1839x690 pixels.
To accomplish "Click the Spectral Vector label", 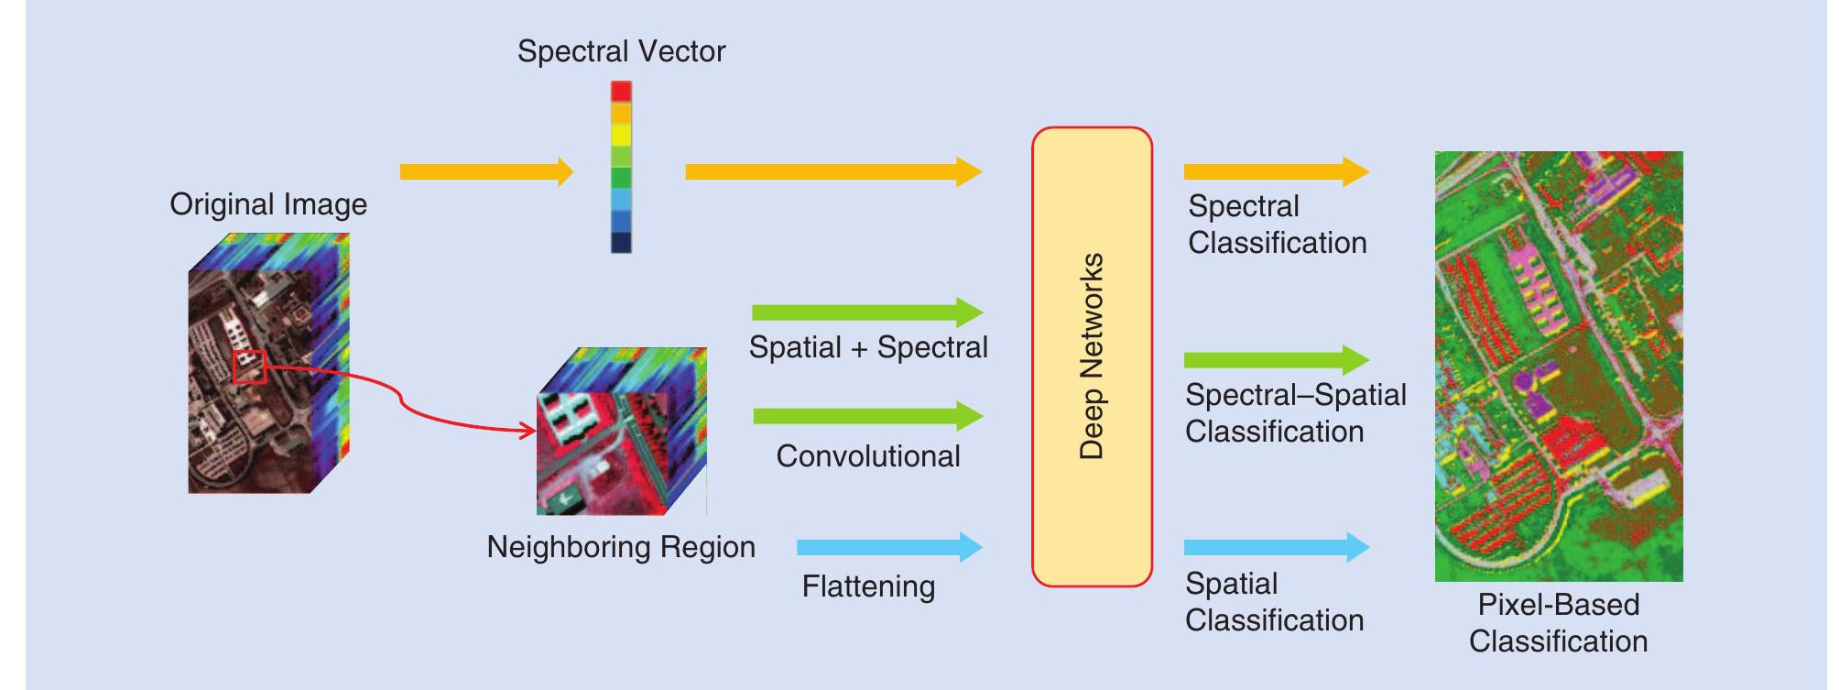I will tap(621, 51).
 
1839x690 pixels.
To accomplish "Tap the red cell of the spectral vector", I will tap(621, 92).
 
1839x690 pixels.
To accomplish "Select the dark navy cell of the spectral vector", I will tap(621, 243).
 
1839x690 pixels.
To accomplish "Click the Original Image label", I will tap(268, 204).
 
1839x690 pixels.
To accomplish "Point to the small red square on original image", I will tap(249, 367).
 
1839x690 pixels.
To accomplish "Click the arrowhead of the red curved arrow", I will tap(528, 431).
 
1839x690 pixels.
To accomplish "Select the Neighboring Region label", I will tap(621, 547).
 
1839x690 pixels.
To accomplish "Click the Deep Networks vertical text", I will tap(1092, 356).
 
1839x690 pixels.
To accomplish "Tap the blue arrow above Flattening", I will tap(888, 548).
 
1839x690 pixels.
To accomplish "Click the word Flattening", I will tap(868, 586).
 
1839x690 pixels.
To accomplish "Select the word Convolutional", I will tap(868, 456).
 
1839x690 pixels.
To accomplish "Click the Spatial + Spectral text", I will tap(868, 347).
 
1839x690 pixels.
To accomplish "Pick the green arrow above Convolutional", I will tap(866, 416).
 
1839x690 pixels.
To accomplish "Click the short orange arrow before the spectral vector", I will tap(485, 171).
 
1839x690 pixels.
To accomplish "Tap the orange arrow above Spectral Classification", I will tap(1276, 171).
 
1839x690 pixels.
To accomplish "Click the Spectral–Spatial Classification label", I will tap(1295, 413).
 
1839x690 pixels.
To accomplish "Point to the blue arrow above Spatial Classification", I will tap(1276, 548).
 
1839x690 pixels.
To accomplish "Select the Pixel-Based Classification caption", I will tap(1558, 623).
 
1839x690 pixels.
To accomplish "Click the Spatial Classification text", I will tap(1274, 602).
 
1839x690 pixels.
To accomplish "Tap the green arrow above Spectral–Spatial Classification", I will tap(1276, 360).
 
